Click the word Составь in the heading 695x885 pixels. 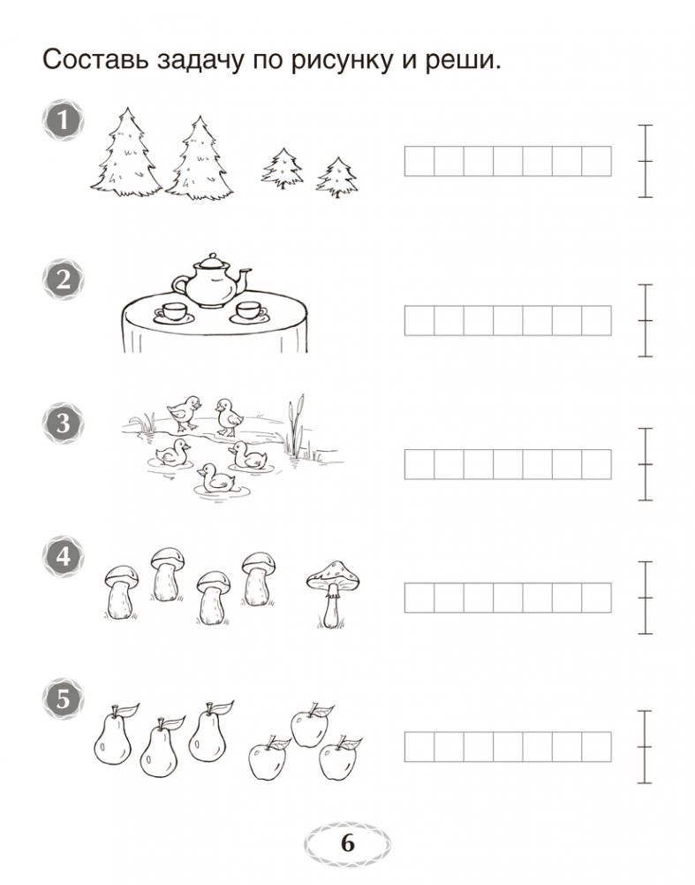[94, 60]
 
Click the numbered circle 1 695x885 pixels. [63, 119]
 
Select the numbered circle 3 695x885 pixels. [63, 423]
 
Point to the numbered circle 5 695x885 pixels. [63, 699]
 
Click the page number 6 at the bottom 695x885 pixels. [347, 843]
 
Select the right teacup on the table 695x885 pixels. [249, 312]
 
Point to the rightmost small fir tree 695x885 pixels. [337, 177]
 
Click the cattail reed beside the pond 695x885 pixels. [296, 426]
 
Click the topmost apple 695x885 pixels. [310, 726]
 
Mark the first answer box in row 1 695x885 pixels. [419, 162]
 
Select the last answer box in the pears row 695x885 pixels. [596, 747]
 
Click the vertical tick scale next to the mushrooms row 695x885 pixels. [646, 598]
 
